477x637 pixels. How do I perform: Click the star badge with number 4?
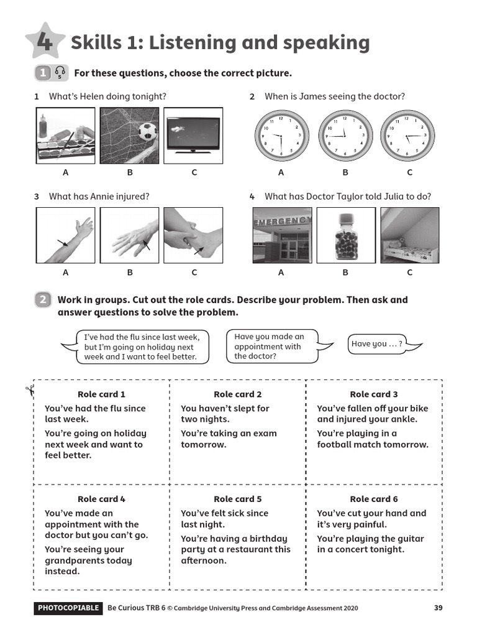pos(45,42)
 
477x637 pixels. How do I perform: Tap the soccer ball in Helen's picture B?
pos(147,131)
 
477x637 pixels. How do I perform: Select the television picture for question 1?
pos(193,136)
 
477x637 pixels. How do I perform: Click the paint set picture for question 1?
pos(65,136)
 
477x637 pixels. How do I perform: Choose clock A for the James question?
pos(281,136)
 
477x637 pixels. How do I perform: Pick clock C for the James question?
pos(407,136)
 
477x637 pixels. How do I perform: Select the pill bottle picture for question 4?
pos(346,236)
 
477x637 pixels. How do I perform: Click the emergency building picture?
pos(281,236)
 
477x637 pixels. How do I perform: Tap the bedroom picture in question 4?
pos(409,236)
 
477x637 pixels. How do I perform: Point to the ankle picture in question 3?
pos(193,236)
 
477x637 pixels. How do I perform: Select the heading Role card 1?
pos(101,394)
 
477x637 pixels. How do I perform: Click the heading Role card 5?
pos(238,499)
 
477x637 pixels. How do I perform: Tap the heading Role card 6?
pos(374,499)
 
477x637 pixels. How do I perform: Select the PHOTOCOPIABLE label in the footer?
pos(68,608)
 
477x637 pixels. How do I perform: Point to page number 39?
pos(438,608)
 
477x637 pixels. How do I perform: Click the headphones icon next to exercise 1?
pos(60,73)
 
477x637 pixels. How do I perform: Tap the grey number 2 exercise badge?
pos(43,300)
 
